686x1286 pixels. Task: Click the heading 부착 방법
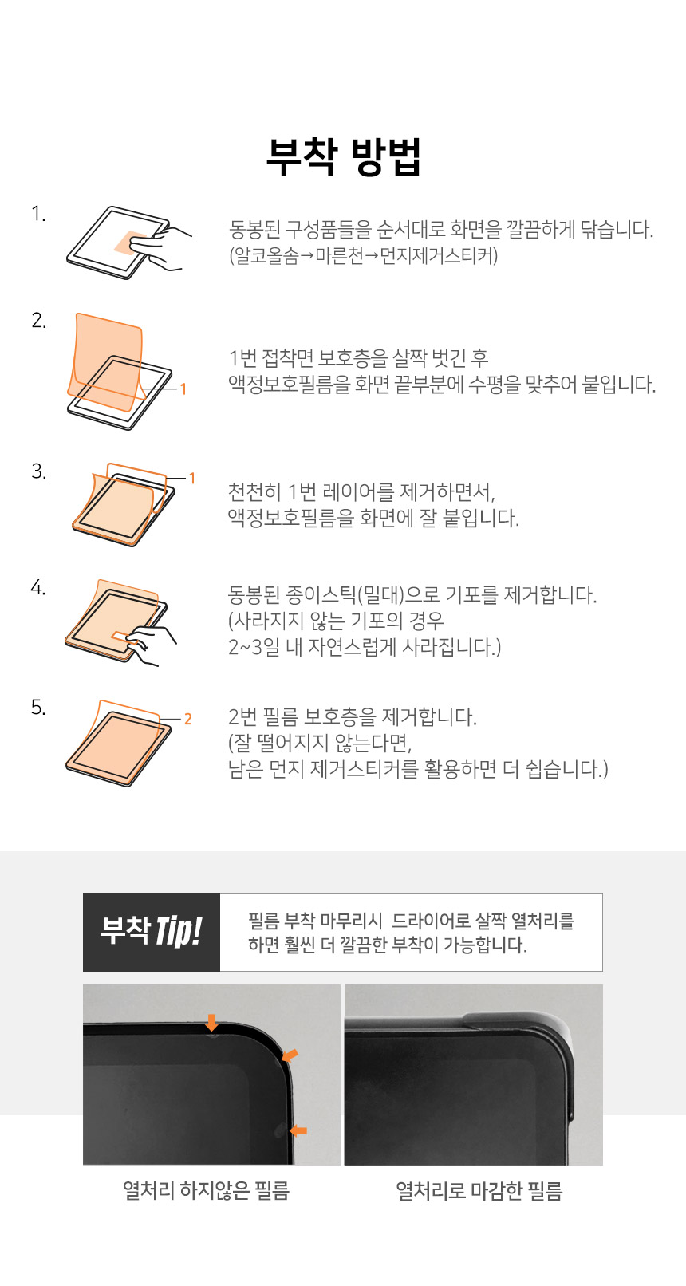point(344,156)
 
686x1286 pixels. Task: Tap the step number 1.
point(38,214)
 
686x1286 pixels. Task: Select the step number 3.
point(38,471)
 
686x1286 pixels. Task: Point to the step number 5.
point(38,708)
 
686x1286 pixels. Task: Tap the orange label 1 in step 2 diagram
point(183,389)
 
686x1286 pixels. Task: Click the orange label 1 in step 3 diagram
point(192,478)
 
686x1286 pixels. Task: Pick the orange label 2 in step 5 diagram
point(187,719)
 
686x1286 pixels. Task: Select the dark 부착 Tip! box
point(152,933)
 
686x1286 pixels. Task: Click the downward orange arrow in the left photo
point(212,1023)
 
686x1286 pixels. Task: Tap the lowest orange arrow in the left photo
point(298,1130)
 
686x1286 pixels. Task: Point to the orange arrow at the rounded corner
point(290,1055)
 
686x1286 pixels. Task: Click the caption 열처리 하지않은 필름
point(206,1191)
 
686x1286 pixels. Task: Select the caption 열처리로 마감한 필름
point(479,1191)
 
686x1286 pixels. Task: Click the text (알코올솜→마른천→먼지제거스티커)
point(364,255)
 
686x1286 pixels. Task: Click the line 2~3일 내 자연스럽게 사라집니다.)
point(365,647)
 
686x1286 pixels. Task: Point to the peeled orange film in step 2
point(107,360)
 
